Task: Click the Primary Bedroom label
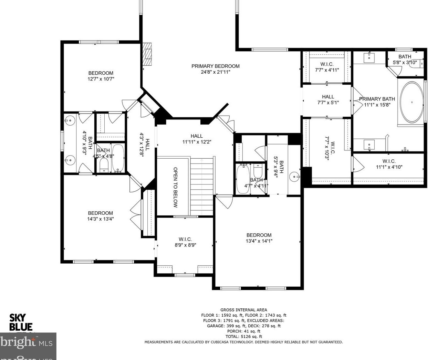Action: tap(215, 66)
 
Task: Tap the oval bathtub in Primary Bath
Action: tap(411, 102)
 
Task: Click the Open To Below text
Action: tap(175, 187)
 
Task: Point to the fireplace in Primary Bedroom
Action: tap(147, 54)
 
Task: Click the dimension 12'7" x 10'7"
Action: tap(101, 79)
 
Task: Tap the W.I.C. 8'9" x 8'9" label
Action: tap(185, 242)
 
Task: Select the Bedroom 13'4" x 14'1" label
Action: tap(259, 238)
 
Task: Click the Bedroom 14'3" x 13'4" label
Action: tap(100, 216)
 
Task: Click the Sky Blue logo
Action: tap(21, 322)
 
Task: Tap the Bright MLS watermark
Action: tap(28, 343)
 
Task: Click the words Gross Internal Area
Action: tap(243, 310)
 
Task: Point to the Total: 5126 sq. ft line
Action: tap(243, 337)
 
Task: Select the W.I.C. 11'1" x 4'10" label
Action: tap(389, 164)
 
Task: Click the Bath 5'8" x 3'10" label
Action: tap(405, 59)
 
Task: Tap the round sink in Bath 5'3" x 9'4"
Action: tap(294, 177)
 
